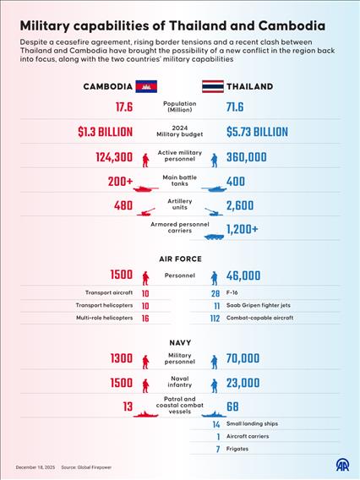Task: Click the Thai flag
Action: [x=211, y=86]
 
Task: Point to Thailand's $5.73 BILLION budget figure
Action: [x=257, y=132]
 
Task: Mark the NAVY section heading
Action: [x=179, y=342]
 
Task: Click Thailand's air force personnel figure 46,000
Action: [x=243, y=275]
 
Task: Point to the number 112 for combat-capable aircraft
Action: [x=215, y=318]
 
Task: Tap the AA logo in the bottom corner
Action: [x=343, y=466]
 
